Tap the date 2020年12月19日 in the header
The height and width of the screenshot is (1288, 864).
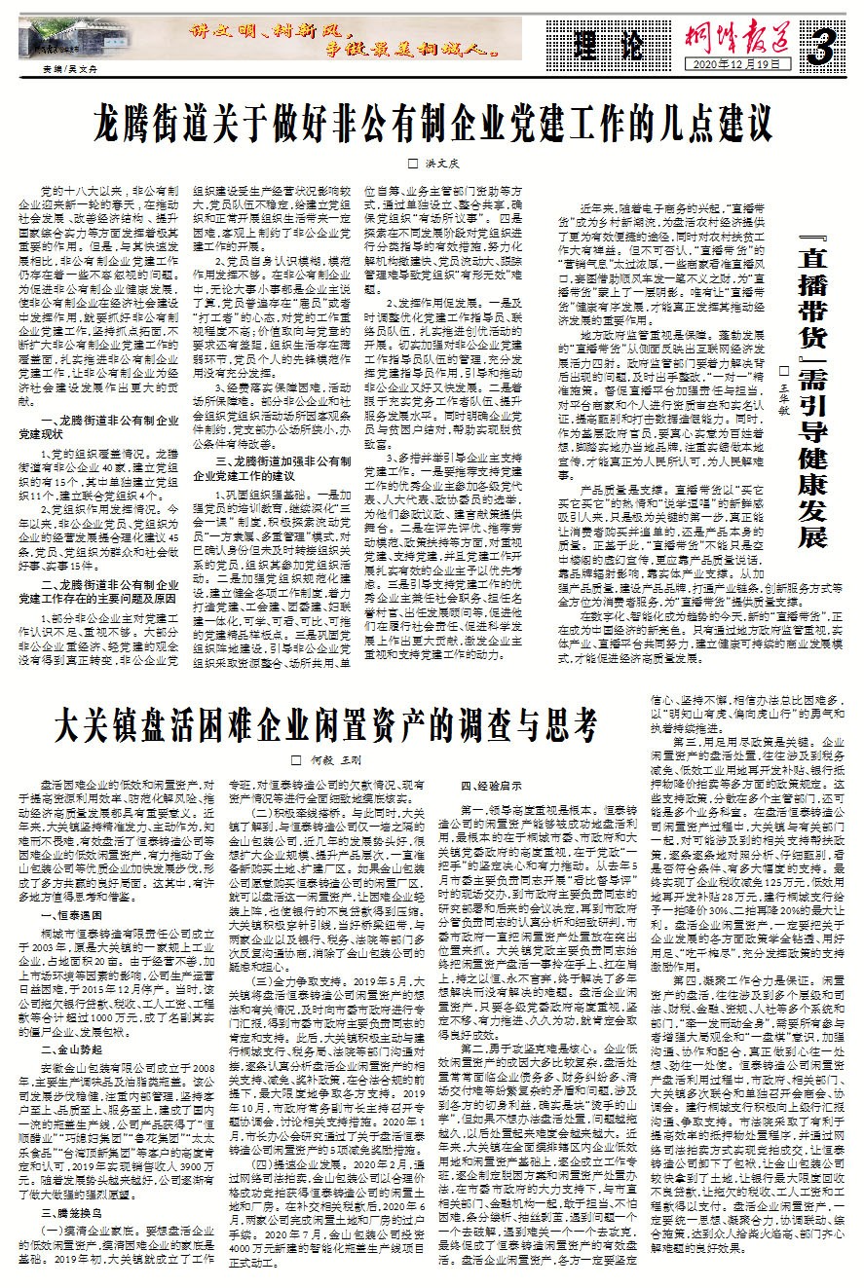[x=727, y=63]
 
